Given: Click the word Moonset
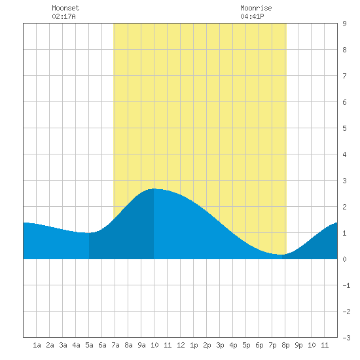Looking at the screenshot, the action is (x=65, y=8).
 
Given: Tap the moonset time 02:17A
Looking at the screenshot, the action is (x=63, y=16).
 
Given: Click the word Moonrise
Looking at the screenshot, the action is (x=256, y=8).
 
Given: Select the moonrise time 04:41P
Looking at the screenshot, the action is (x=252, y=16).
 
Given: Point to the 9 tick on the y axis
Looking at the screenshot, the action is (x=344, y=24).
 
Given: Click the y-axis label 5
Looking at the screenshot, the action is (x=344, y=128).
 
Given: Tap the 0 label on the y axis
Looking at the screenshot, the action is (x=344, y=259).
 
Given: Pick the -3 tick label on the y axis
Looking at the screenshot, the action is (x=346, y=338).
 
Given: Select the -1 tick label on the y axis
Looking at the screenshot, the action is (x=346, y=285).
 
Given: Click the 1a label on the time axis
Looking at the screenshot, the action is (x=37, y=345).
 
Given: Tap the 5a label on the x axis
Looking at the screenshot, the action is (x=89, y=345).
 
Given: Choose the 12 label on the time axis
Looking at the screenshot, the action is (x=181, y=345).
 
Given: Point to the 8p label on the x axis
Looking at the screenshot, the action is (x=285, y=345).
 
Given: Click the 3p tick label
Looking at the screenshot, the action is (x=220, y=345).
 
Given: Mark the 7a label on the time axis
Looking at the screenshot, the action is (x=115, y=345).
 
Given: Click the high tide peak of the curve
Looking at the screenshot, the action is (x=154, y=189).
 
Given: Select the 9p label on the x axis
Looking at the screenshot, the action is (x=298, y=345).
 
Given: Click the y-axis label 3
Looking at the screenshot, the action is (x=344, y=181).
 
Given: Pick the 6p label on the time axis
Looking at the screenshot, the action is (x=259, y=345).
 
